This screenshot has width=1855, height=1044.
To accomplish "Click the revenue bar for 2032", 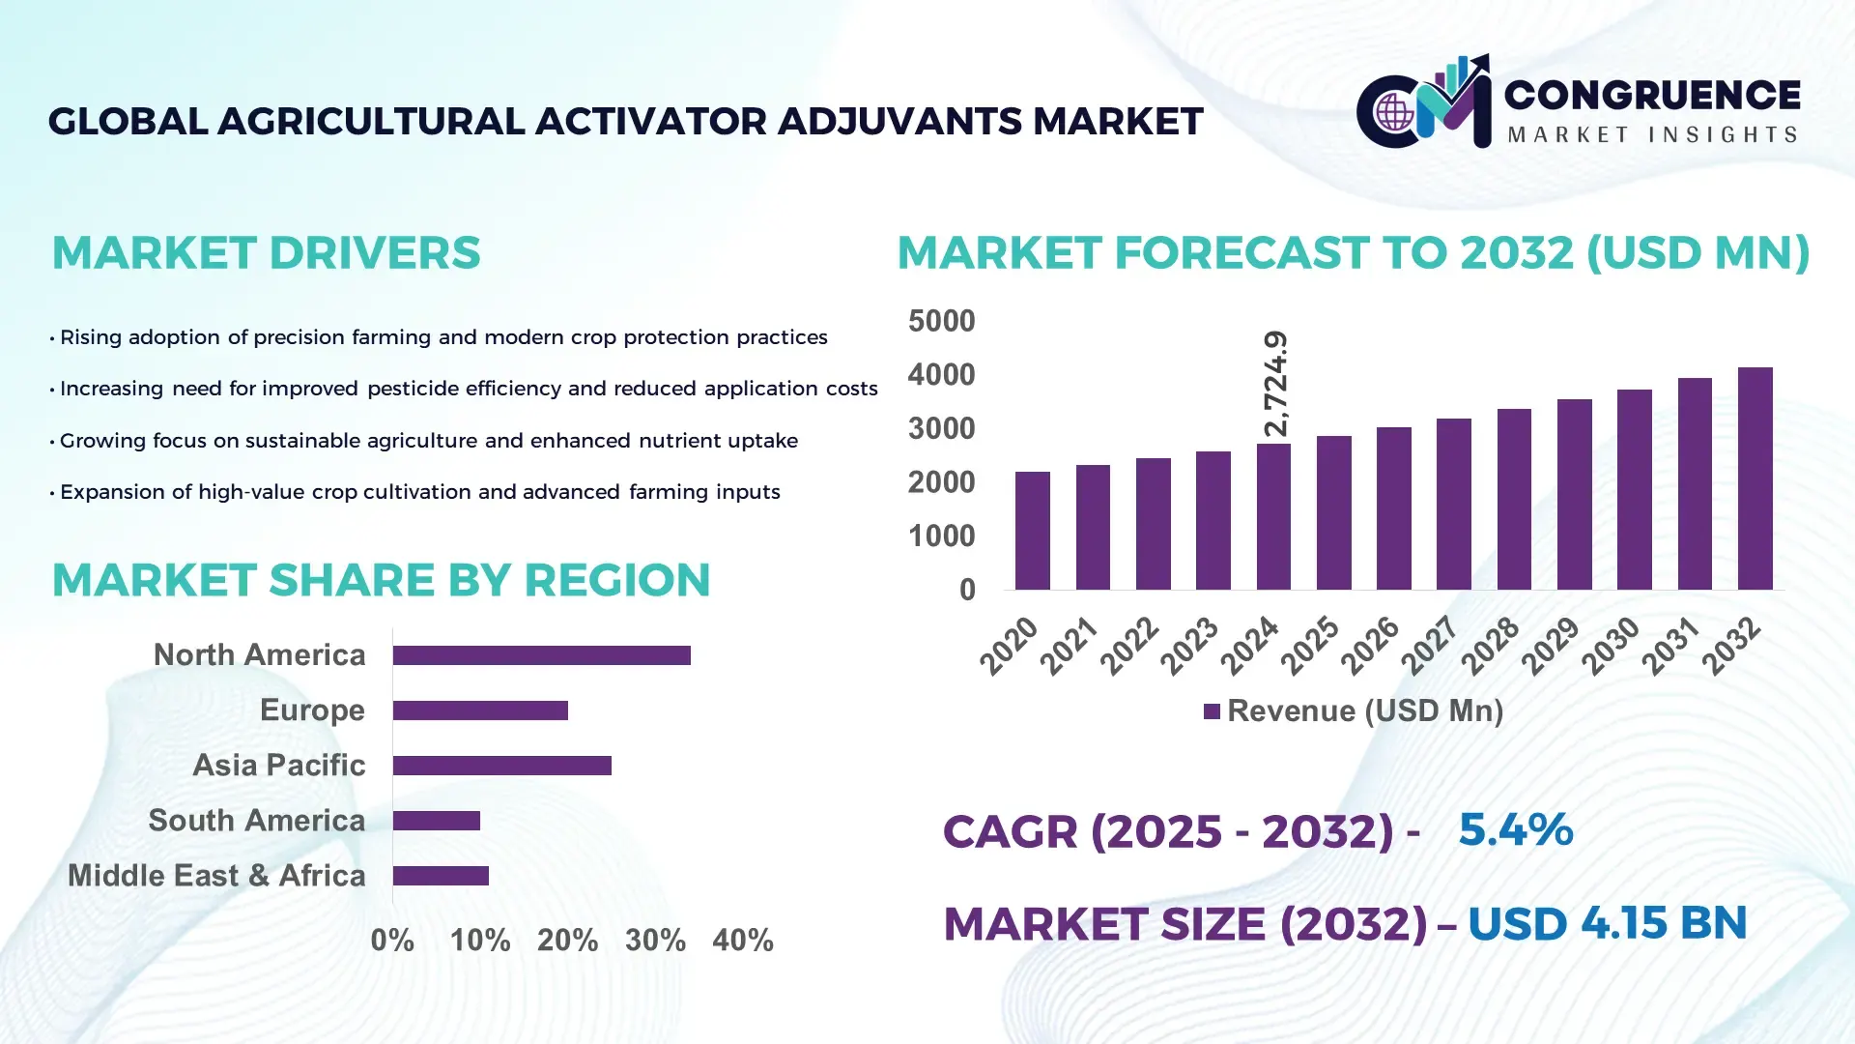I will (1755, 478).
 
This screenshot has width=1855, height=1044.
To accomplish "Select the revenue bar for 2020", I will (1032, 531).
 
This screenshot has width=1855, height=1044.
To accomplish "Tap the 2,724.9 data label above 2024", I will (1275, 384).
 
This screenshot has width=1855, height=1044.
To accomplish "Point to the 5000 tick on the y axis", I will (941, 321).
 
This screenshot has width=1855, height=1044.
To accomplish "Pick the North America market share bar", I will (541, 655).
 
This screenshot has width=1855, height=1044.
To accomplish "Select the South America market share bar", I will (436, 821).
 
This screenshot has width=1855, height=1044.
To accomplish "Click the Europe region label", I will (312, 710).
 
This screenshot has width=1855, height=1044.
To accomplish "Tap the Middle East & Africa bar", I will (441, 876).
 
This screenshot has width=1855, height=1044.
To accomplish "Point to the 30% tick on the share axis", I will (655, 941).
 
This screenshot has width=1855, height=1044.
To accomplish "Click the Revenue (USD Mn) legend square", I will (1212, 711).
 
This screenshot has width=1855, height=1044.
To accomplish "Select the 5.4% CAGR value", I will (1515, 829).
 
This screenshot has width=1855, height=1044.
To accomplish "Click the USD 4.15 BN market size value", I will (1607, 923).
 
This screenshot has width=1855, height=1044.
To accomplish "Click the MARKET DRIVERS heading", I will (266, 253).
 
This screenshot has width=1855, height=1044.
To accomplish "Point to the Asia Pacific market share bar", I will (501, 766).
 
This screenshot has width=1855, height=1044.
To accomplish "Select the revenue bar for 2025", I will (1333, 512).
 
